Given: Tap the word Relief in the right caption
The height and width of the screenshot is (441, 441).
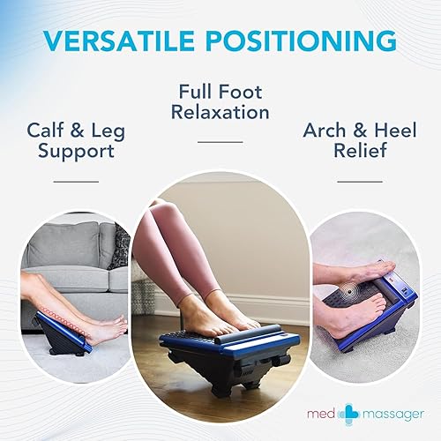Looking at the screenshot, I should pos(363,152).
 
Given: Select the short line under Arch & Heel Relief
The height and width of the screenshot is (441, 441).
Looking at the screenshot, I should pos(363,182).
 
